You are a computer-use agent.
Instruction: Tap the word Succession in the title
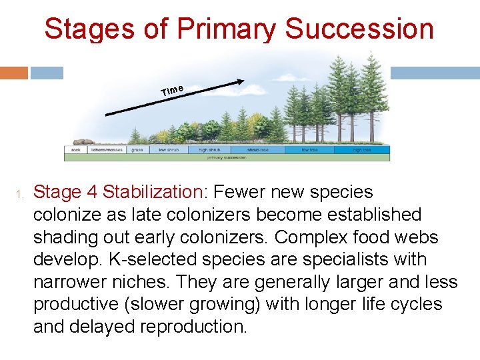point(360,29)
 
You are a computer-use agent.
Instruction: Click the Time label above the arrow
point(172,89)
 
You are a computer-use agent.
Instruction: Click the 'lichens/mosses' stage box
point(107,150)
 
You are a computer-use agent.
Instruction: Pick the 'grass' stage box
point(137,150)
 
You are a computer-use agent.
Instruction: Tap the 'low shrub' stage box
point(169,150)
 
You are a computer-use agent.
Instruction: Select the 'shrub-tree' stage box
point(258,150)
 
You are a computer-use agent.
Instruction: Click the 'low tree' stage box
point(309,150)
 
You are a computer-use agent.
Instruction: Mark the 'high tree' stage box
point(362,150)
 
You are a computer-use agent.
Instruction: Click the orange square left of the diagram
point(14,73)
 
